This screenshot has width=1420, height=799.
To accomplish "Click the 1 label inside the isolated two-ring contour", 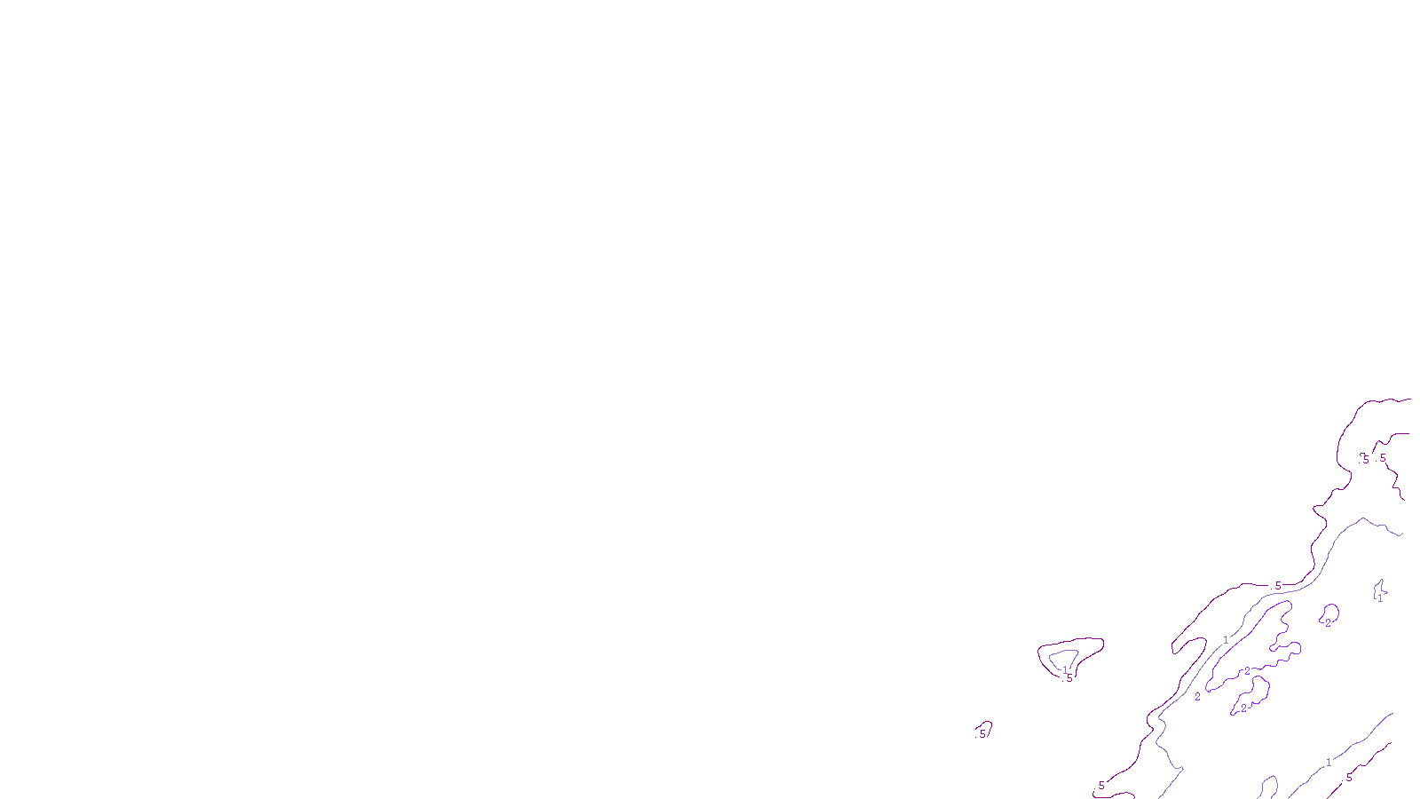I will point(1065,670).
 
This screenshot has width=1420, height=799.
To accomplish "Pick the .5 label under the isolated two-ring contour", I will point(1069,679).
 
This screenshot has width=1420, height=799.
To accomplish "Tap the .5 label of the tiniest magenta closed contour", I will point(982,734).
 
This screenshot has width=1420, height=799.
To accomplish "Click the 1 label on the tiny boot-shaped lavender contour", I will point(1380,599).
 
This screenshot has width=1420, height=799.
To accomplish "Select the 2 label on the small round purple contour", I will point(1329,622).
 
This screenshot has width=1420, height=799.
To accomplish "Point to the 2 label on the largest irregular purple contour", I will point(1247,671).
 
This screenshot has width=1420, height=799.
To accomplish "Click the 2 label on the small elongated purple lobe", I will point(1243,708).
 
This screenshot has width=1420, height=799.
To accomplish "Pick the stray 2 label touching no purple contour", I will point(1197,697).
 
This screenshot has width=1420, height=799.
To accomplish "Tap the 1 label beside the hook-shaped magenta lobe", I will point(1226,640).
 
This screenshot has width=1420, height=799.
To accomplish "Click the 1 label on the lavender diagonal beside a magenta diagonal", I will point(1329,763).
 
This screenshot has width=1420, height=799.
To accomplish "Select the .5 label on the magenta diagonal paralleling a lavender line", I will point(1349,778).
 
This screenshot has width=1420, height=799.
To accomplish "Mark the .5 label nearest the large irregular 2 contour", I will point(1278,585).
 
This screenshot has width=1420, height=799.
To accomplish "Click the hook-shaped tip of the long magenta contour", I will point(1177,651).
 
